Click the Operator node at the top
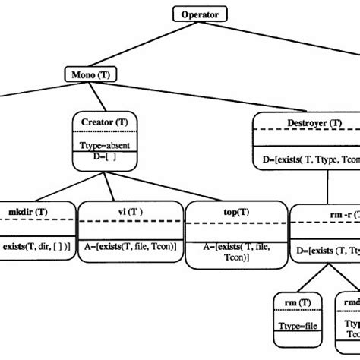tap(199, 14)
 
